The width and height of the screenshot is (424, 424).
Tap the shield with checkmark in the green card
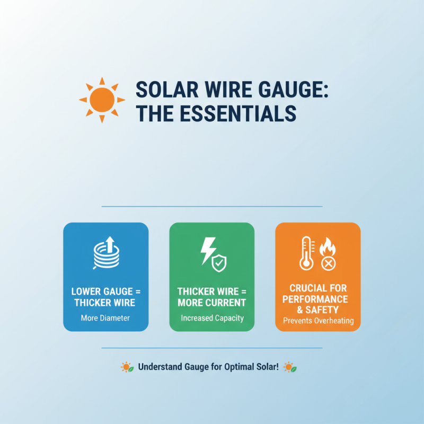219,261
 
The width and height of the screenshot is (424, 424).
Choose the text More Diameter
105,318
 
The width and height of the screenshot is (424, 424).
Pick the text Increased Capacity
212,318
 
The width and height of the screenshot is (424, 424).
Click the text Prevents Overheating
318,321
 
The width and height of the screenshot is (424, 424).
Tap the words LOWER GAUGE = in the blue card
105,292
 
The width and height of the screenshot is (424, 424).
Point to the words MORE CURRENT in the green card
212,303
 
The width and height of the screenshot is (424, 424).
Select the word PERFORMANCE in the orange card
318,298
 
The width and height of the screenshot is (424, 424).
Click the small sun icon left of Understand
126,366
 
